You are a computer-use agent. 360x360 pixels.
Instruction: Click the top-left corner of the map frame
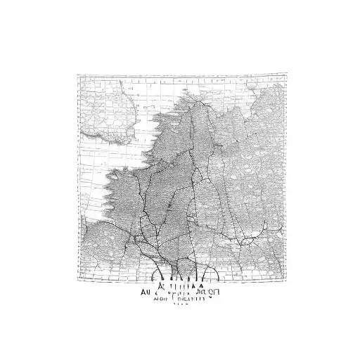pos(78,75)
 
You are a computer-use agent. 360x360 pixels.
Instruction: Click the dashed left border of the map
pos(78,176)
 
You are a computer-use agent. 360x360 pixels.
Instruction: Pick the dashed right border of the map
pos(286,176)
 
